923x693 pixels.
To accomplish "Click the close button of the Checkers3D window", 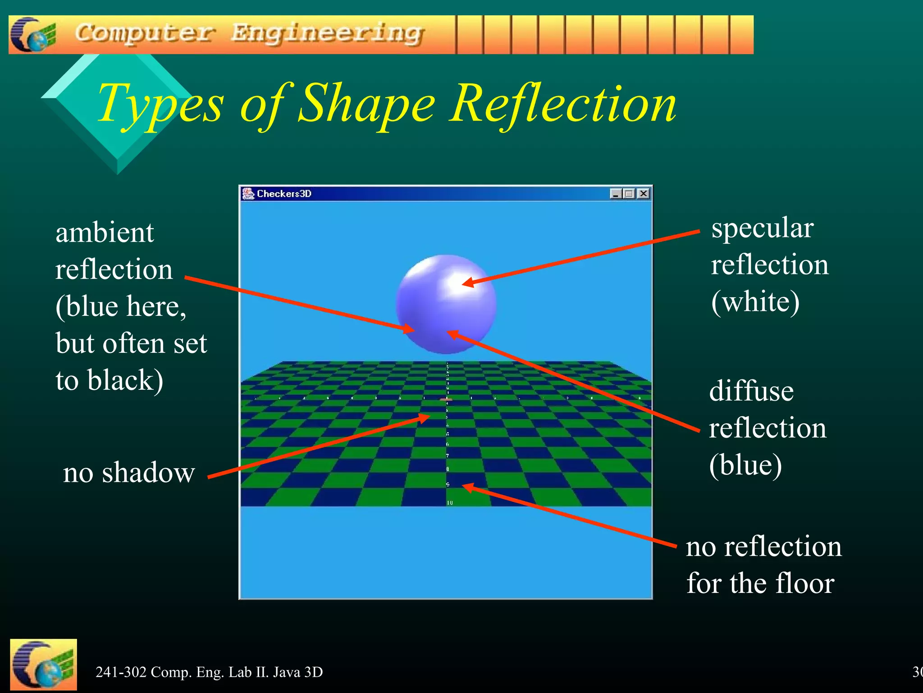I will tap(644, 194).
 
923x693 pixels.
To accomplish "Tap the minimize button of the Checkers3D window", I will tap(616, 194).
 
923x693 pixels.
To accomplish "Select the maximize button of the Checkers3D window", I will tap(630, 194).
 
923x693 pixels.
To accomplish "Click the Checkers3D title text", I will tap(284, 194).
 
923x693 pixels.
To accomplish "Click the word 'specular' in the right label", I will tap(762, 228).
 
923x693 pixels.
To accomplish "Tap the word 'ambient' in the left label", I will tap(105, 233).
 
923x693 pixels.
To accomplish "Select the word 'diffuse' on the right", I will tap(751, 391).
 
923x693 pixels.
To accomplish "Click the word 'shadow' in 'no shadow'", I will tap(148, 473).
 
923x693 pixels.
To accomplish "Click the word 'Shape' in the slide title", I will tap(366, 104).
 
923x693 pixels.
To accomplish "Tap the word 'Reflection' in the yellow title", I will tap(563, 104).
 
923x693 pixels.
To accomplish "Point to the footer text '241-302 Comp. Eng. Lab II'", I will tap(209, 672).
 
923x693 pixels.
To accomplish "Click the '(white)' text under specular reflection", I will tap(755, 302).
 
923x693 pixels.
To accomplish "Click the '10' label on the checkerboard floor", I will tap(450, 503).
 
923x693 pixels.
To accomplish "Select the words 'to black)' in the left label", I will tap(110, 380).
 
